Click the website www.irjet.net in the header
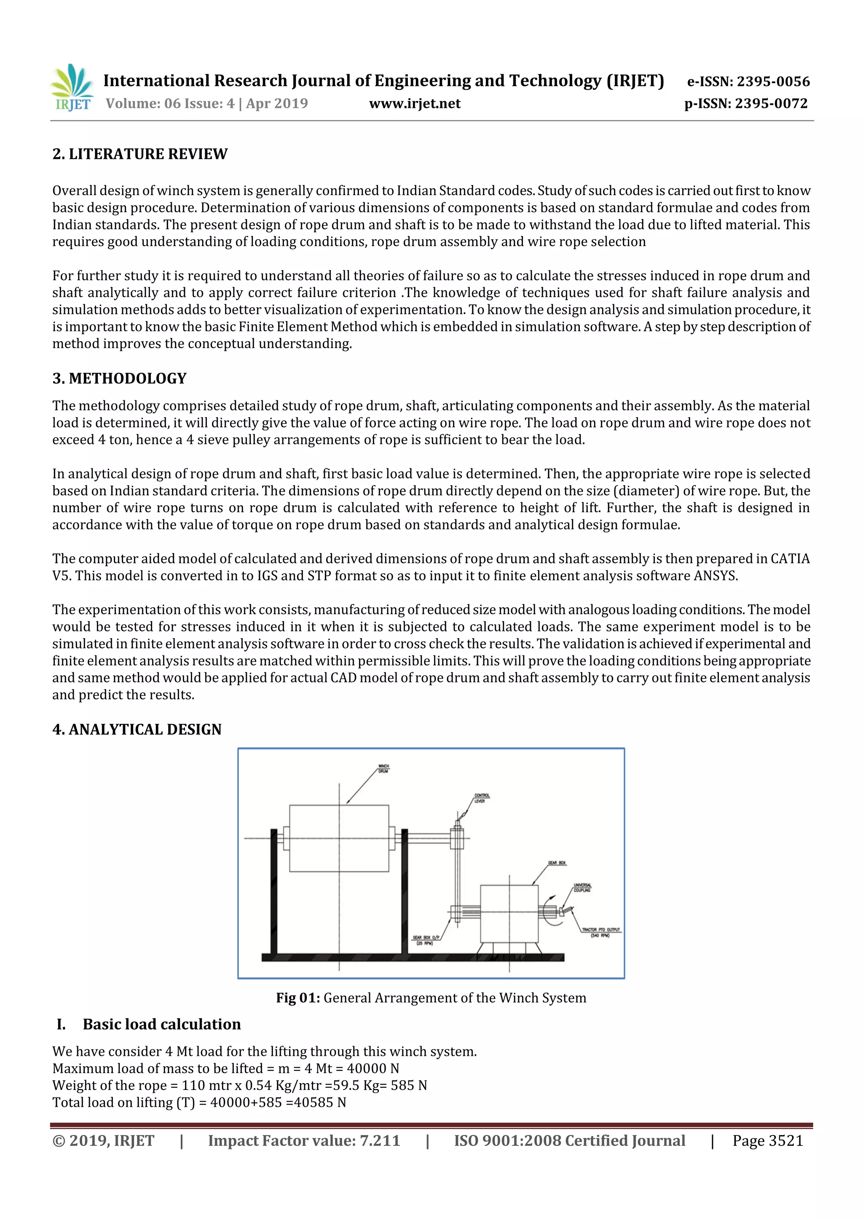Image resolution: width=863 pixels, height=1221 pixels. (x=415, y=103)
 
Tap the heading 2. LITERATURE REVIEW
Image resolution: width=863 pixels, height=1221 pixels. (x=140, y=154)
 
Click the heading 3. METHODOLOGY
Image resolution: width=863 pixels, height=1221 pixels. (x=120, y=378)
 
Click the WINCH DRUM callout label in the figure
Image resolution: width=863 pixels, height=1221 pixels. (x=383, y=768)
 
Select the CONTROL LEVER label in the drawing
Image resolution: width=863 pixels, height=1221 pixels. (x=481, y=798)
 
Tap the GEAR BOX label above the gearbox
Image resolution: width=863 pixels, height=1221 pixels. (x=557, y=863)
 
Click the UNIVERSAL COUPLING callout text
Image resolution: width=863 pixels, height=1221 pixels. (x=582, y=888)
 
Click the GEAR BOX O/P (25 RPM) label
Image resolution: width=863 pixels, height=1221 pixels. (x=424, y=940)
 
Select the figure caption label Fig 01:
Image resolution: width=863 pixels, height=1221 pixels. (x=298, y=998)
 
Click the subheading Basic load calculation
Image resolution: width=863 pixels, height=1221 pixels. (x=162, y=1024)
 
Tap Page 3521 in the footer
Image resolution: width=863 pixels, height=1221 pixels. (x=767, y=1140)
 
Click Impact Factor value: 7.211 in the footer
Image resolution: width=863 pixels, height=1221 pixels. (x=304, y=1140)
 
